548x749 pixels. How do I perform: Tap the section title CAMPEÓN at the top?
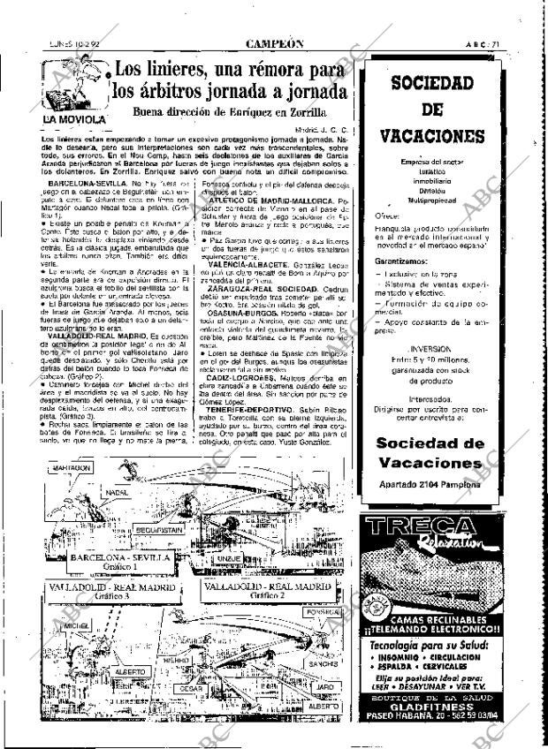275,42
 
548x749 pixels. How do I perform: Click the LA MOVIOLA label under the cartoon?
75,118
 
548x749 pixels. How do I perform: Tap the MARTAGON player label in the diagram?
72,467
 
